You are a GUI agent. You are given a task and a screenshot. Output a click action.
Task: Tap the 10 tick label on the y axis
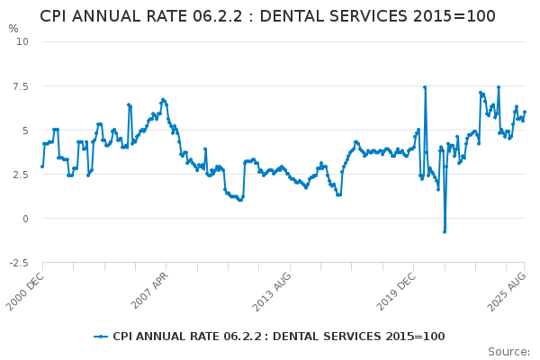[x=22, y=41]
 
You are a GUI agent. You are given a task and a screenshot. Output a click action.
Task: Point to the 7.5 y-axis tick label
[x=20, y=85]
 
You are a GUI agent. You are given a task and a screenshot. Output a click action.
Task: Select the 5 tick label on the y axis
[x=25, y=130]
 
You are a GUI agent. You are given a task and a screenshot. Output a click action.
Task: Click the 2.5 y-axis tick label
[x=20, y=174]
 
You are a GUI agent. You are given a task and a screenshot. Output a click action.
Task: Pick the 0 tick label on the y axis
[x=25, y=219]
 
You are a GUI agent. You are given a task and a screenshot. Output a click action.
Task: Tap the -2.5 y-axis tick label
[x=18, y=263]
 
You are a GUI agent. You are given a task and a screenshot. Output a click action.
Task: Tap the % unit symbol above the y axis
[x=13, y=29]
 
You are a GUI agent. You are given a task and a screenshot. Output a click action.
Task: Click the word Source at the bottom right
[x=508, y=352]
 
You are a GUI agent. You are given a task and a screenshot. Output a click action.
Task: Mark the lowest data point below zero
[x=444, y=231]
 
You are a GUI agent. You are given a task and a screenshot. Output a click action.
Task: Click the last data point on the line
[x=525, y=112]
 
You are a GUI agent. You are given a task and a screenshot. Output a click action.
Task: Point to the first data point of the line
[x=41, y=166]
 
